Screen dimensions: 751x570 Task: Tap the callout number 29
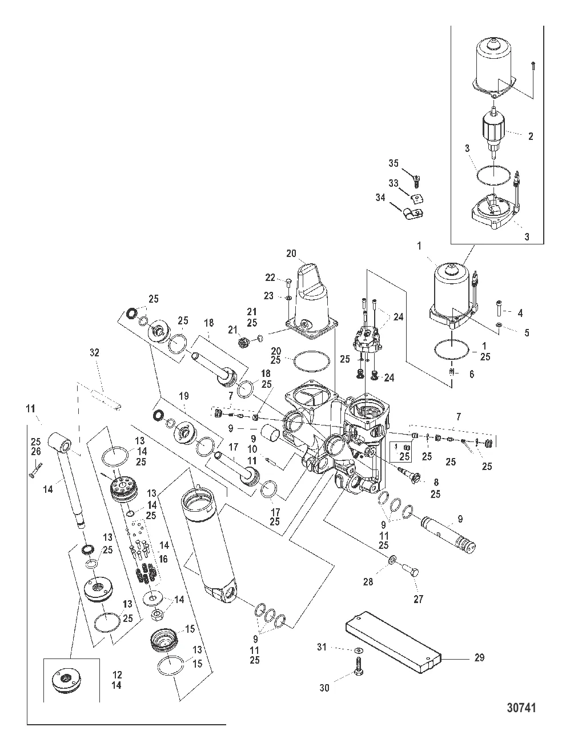point(479,658)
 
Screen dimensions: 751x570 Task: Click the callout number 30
point(324,688)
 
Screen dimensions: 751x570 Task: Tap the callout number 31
point(322,646)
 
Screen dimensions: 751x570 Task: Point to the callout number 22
point(270,278)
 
